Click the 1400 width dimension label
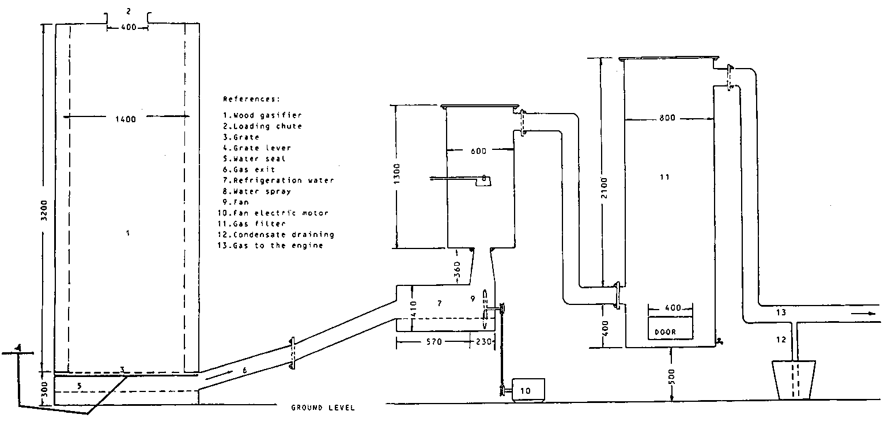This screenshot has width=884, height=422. (126, 119)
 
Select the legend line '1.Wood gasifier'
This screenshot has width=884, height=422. (262, 115)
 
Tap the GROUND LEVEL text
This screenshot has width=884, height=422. (323, 408)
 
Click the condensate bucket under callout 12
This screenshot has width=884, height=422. (795, 379)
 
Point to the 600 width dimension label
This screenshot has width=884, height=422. (478, 151)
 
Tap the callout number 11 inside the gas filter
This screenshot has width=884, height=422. (664, 178)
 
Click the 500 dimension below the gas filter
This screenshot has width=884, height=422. (672, 374)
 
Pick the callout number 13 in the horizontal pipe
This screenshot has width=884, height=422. (780, 313)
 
